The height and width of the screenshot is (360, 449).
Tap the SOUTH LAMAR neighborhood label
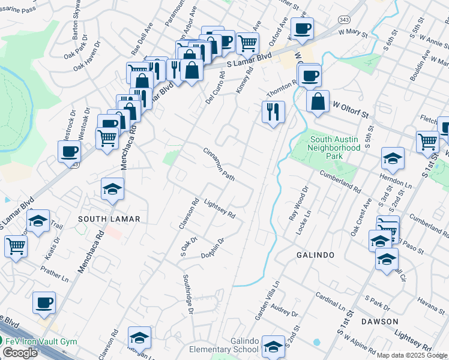(109, 219)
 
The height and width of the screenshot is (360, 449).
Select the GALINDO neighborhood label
(315, 255)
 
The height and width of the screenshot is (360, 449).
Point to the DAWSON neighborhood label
(379, 322)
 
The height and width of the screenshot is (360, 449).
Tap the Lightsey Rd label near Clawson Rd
(219, 209)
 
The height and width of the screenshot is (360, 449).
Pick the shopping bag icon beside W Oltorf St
(318, 101)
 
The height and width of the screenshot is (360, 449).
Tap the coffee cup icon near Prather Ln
(44, 302)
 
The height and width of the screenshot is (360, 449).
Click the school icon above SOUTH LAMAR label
(112, 189)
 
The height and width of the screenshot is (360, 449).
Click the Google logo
(20, 352)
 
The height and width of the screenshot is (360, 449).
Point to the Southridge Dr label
(188, 294)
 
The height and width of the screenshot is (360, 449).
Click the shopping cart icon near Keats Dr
(16, 245)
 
